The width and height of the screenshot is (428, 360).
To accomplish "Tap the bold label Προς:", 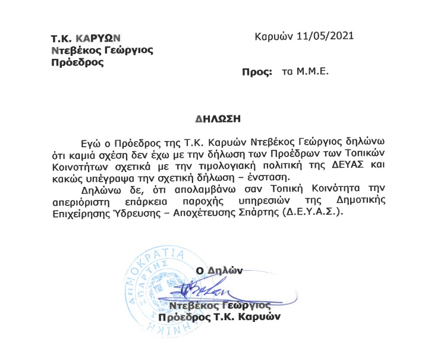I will tap(256, 71).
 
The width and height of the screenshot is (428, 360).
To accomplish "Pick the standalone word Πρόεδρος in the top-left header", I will tap(74, 62).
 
